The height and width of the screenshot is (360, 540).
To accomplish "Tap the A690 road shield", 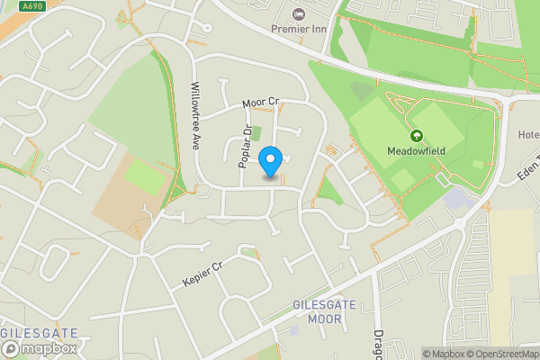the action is [x=32, y=7].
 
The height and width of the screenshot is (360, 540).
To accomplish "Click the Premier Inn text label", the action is [x=300, y=29].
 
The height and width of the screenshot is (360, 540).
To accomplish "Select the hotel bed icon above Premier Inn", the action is [x=299, y=14].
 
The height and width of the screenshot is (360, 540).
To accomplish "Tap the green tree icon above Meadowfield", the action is [x=417, y=136].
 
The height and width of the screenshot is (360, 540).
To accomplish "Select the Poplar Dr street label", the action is [x=244, y=148].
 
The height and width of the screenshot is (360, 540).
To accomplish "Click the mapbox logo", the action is [x=40, y=348].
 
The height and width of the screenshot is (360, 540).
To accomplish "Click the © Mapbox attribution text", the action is [x=442, y=354].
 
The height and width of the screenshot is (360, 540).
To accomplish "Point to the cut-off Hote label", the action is [x=528, y=135].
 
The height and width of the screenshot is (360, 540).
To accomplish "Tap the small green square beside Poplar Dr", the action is [x=256, y=133].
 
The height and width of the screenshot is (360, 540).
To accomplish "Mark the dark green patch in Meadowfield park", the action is [x=361, y=90].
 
